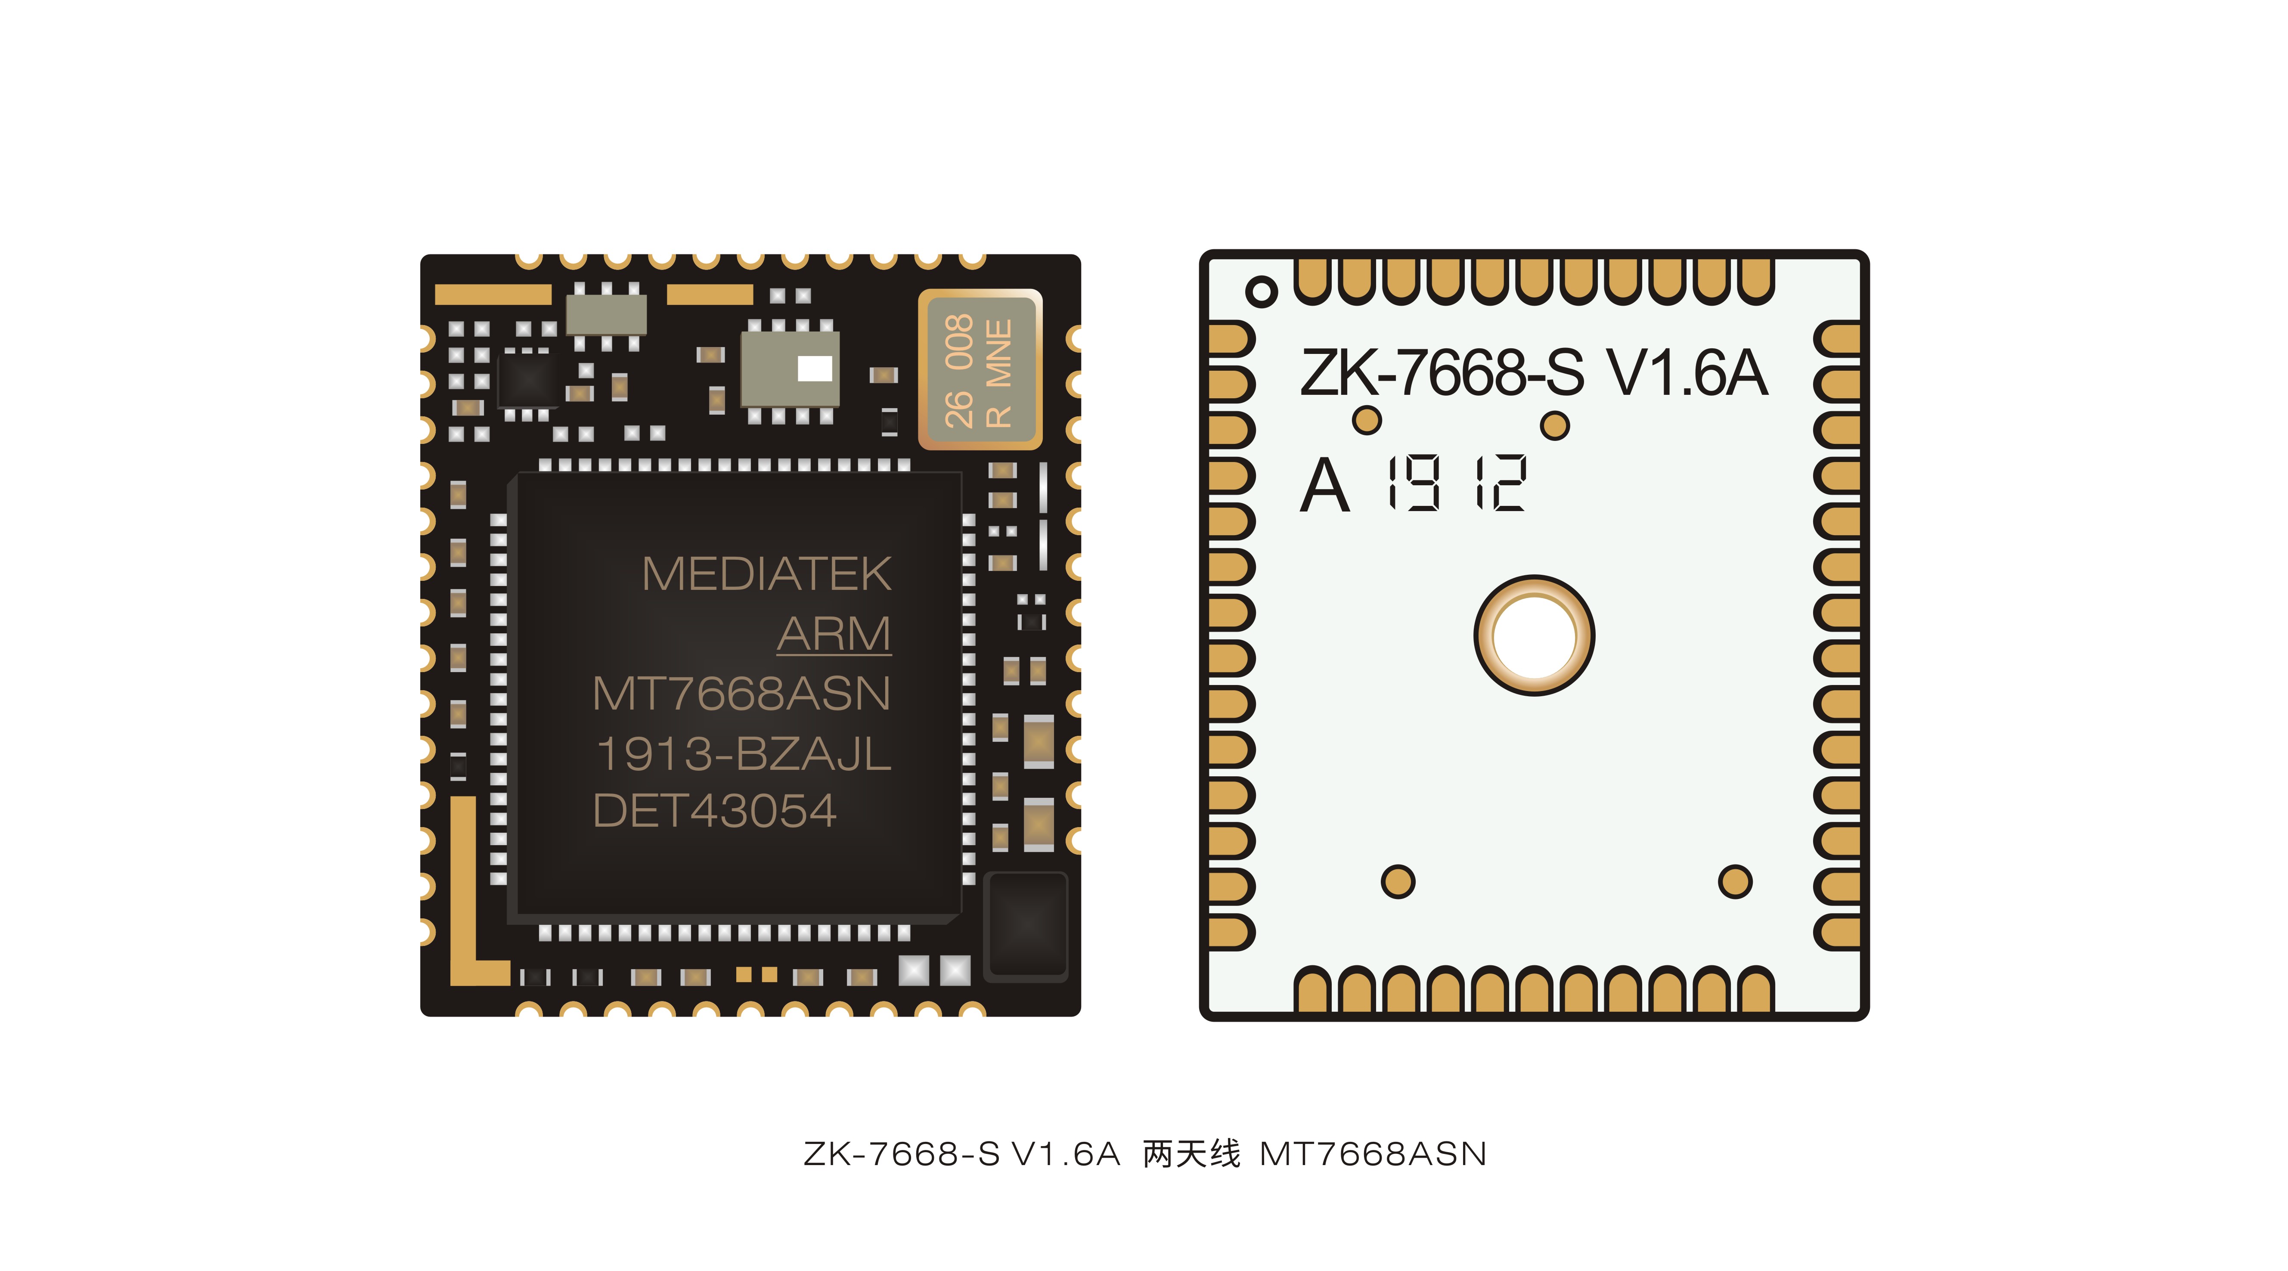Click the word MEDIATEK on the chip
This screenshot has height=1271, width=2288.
pyautogui.click(x=766, y=574)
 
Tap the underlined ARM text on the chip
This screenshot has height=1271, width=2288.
pyautogui.click(x=833, y=634)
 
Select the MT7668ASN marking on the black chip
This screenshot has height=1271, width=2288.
pyautogui.click(x=741, y=694)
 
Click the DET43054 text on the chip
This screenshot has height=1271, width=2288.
pyautogui.click(x=714, y=811)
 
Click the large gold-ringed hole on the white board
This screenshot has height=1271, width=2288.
pyautogui.click(x=1534, y=635)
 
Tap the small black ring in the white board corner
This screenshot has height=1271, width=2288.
pyautogui.click(x=1261, y=291)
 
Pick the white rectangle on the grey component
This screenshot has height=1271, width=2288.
pyautogui.click(x=815, y=368)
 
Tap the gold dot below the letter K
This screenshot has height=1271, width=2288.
pyautogui.click(x=1367, y=420)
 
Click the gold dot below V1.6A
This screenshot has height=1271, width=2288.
pyautogui.click(x=1554, y=425)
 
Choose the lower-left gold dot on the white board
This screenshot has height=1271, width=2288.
pyautogui.click(x=1398, y=881)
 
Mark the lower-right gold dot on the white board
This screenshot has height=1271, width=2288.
pyautogui.click(x=1735, y=881)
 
